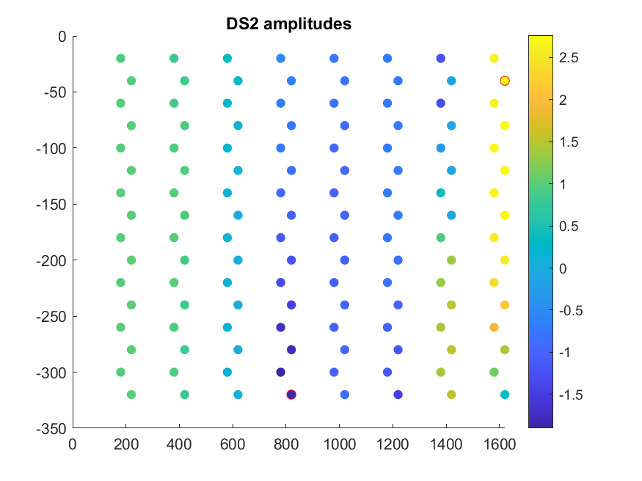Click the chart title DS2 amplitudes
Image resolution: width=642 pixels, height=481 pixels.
point(288,24)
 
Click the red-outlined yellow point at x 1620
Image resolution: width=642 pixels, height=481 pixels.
point(505,81)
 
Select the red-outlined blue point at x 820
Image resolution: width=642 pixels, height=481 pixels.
point(291,394)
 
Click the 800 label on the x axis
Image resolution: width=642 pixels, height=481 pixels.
point(286,444)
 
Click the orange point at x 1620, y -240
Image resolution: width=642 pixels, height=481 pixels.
point(505,305)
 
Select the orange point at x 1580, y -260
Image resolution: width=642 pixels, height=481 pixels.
point(494,327)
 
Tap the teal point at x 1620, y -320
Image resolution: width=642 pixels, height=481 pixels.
point(505,394)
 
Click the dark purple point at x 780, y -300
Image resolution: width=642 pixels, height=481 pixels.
point(280,372)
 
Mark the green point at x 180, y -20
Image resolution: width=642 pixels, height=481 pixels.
point(120,59)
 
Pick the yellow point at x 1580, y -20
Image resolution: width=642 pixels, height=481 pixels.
point(494,59)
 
